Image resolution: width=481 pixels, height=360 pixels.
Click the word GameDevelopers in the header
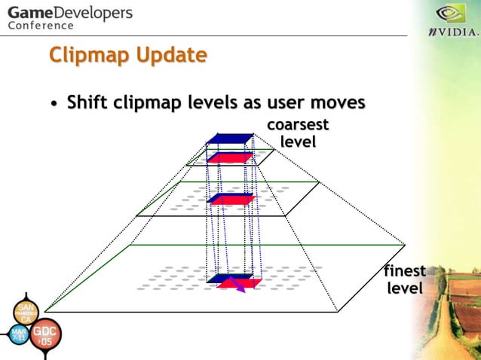click(69, 13)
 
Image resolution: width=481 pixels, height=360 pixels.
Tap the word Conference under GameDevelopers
click(41, 26)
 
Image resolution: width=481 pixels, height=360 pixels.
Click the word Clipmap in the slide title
click(85, 55)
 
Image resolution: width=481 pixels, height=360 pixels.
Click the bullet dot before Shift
click(55, 103)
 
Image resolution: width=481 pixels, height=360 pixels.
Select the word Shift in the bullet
click(87, 102)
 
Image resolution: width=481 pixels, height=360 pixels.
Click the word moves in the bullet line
click(337, 102)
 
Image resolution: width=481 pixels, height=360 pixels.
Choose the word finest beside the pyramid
click(405, 271)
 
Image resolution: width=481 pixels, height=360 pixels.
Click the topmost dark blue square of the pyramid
click(228, 139)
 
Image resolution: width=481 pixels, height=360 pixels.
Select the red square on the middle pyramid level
click(231, 200)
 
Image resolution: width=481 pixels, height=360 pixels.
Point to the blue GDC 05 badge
click(46, 337)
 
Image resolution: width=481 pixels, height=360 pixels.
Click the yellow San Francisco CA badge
click(23, 313)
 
